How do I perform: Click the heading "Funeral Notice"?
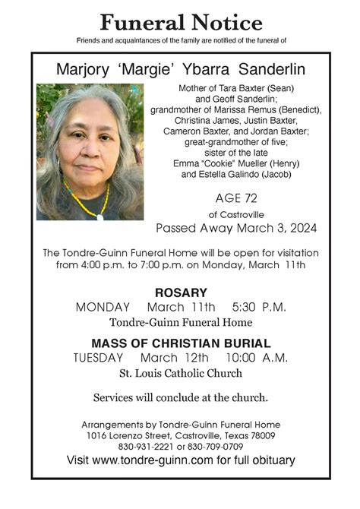click(180, 23)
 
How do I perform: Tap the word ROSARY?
click(181, 292)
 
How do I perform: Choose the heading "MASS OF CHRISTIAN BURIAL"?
click(181, 343)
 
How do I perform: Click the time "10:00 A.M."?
click(257, 357)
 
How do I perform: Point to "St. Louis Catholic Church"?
click(181, 373)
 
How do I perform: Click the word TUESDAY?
click(98, 357)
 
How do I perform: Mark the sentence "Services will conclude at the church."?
click(181, 397)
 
